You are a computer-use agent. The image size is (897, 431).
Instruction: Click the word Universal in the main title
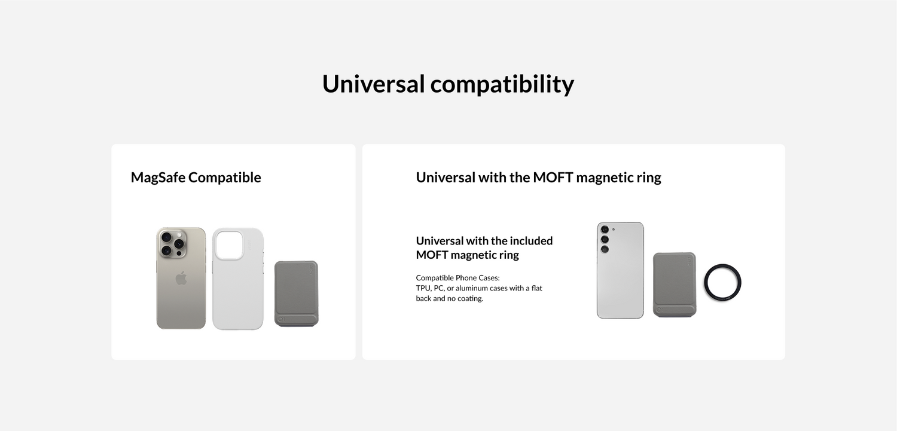point(373,84)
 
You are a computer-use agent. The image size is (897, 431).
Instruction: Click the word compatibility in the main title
point(502,84)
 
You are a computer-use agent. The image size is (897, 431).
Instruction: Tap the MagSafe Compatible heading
point(196,178)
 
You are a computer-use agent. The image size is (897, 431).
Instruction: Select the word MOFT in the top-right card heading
point(553,178)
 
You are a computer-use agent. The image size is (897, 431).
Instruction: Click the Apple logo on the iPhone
point(181,278)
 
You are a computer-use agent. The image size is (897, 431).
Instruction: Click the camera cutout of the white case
point(229,245)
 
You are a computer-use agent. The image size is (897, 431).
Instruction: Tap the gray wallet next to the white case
point(297,294)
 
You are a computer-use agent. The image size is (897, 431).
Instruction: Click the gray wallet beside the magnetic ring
point(675,285)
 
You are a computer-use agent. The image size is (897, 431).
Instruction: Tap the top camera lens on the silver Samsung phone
point(605,230)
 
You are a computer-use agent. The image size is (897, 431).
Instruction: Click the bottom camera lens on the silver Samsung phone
point(605,249)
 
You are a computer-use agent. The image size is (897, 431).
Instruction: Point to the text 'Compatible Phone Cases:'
point(457,278)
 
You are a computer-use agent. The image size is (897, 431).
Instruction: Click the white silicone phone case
point(238,279)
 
